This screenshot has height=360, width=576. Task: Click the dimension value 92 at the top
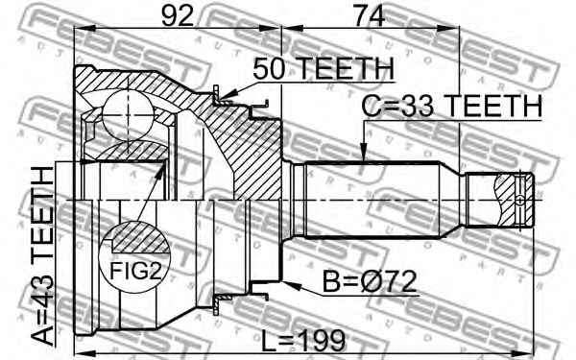click(178, 15)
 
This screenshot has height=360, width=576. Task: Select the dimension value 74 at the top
click(370, 15)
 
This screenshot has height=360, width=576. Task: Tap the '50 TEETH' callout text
click(324, 69)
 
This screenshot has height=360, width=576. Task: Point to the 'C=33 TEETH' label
click(452, 107)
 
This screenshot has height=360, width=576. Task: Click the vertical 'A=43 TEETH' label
click(43, 256)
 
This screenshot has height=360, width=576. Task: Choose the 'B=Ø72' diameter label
click(370, 281)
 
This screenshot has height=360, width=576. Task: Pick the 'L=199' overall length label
click(303, 340)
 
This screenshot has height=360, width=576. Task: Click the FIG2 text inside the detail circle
click(135, 272)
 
